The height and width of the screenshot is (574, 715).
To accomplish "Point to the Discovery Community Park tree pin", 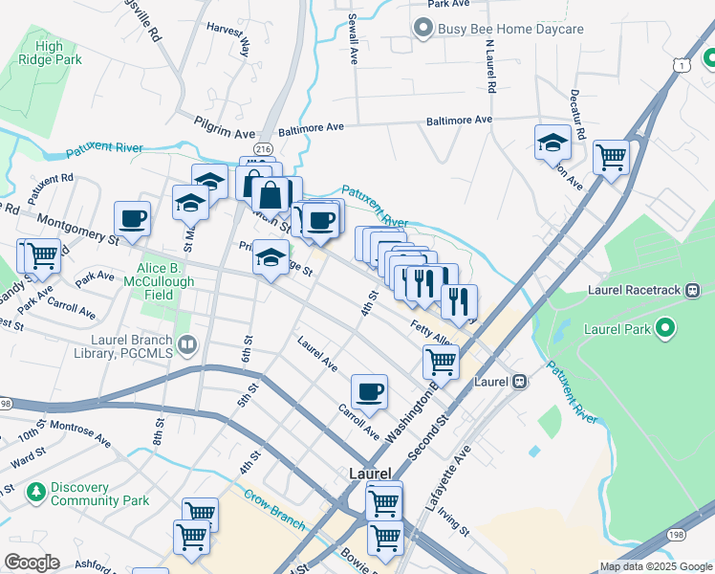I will click(36, 493).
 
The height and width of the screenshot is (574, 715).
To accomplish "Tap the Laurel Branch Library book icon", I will click(188, 343).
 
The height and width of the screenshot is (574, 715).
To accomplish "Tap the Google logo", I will click(32, 563).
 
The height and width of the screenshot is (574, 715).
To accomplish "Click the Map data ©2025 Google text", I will click(655, 566).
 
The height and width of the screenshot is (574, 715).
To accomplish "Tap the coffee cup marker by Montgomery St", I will click(133, 219).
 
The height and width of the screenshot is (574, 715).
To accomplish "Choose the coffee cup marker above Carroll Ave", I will click(369, 391).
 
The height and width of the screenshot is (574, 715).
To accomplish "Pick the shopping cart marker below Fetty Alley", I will click(441, 362).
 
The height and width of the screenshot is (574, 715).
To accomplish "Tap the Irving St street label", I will click(454, 522).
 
